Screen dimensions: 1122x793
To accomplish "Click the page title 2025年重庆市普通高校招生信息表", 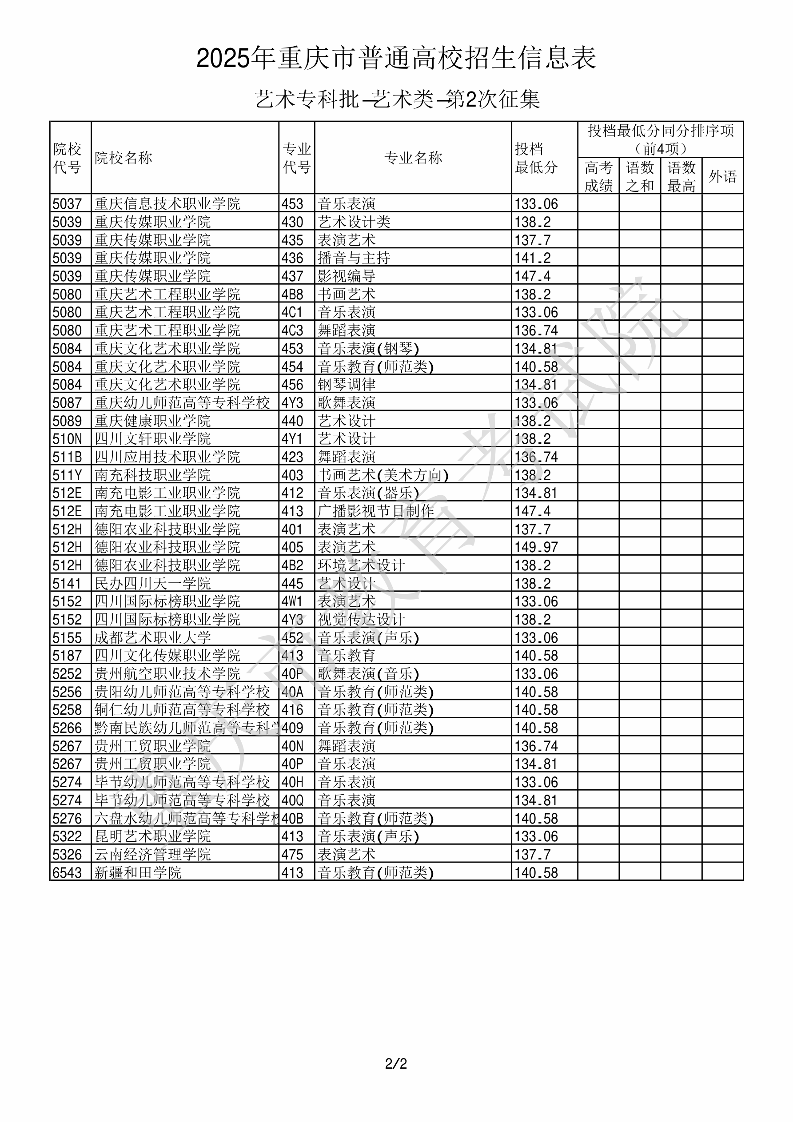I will pos(396,59).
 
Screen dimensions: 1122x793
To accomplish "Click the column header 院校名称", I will pos(124,158).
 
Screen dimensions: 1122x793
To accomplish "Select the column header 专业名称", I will pos(413,158).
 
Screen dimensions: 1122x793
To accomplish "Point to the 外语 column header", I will pos(723,176).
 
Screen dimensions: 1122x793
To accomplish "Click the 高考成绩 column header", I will pos(598,176).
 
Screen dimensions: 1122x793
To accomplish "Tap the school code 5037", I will pos(67,204).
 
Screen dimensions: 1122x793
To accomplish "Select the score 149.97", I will pos(536,547).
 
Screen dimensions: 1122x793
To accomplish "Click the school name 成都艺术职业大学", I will pos(152,638).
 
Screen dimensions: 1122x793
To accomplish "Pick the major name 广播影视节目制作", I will pos(376,511).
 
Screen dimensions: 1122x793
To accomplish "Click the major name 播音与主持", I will pos(354,258).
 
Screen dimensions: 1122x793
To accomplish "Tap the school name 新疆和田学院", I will pos(138,873).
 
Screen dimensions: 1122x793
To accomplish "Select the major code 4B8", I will pos(292,294).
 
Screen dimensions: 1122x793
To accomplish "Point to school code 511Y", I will pos(67,475).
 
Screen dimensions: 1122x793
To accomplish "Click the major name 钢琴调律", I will pos(347,385).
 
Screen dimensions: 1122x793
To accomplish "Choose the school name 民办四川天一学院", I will pos(152,584).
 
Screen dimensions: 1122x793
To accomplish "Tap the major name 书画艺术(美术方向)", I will pos(383,475).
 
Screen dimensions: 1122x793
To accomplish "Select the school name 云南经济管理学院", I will pos(152,855).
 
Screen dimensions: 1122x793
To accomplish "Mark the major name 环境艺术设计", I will pos(361,565).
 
